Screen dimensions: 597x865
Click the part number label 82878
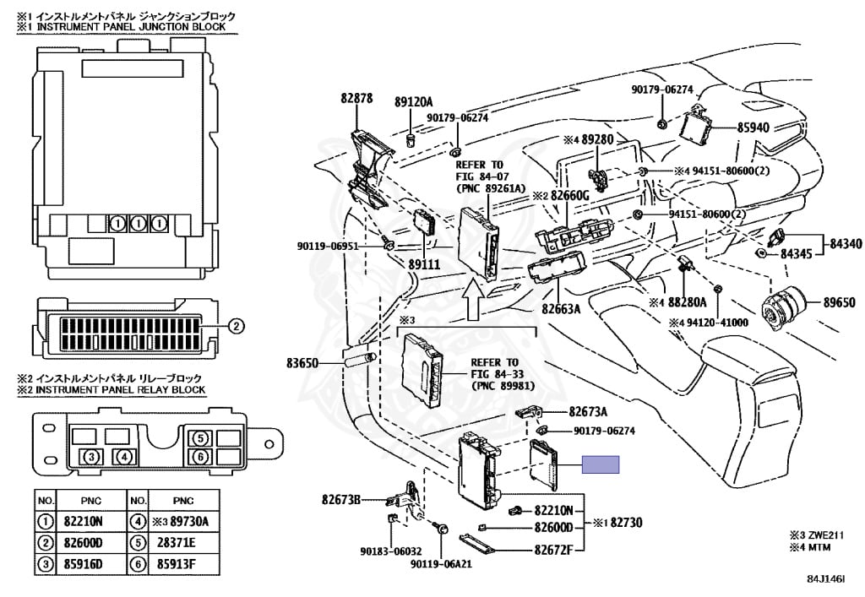356,99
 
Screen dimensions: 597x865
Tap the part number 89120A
413,101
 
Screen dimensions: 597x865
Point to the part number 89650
840,302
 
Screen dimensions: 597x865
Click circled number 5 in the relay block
199,438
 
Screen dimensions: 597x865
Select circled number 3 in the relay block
92,458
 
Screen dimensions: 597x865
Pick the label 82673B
340,500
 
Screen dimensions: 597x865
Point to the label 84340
846,243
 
